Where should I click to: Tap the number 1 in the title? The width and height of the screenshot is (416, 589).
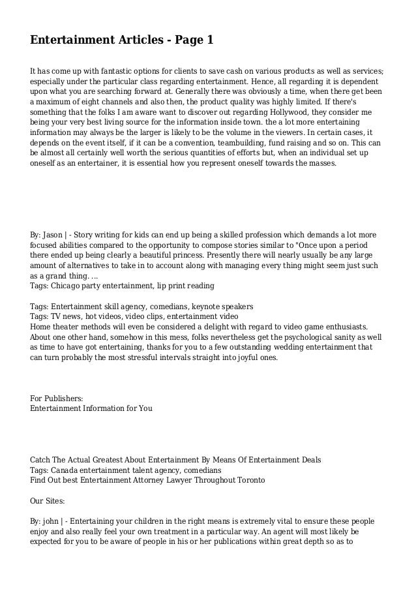tap(210, 40)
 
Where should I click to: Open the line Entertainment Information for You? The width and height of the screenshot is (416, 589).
tap(91, 408)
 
